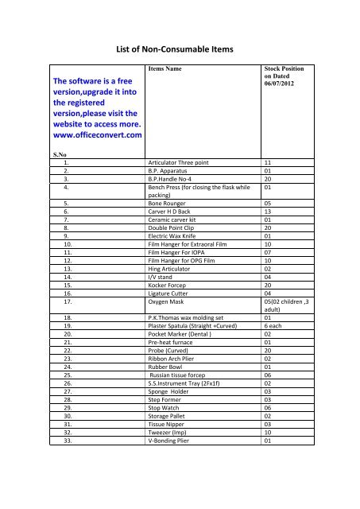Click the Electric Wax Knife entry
(176, 235)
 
